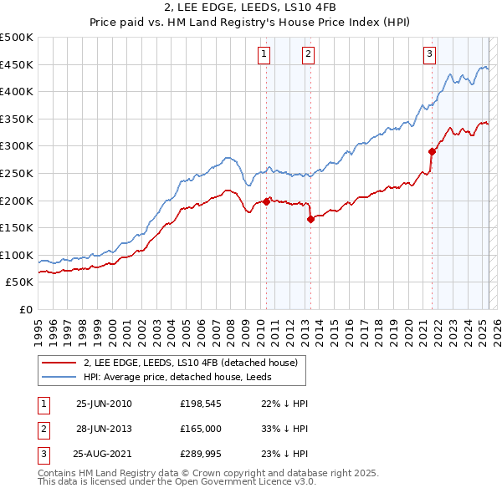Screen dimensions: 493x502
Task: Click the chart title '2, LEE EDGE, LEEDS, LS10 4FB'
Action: click(x=250, y=9)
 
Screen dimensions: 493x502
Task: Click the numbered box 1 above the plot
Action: click(x=264, y=54)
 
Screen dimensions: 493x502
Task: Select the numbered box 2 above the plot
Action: click(x=308, y=54)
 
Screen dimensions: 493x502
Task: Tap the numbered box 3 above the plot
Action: click(x=429, y=54)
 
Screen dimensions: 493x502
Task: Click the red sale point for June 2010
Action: click(x=267, y=201)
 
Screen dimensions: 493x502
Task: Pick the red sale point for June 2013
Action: click(x=310, y=220)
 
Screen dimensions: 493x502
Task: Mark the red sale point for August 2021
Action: click(x=433, y=151)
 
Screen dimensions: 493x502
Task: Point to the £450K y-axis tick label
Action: click(x=17, y=64)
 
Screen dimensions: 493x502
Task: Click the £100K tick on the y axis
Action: click(x=17, y=255)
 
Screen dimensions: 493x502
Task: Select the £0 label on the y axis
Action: click(x=26, y=310)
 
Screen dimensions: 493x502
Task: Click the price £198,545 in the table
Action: click(x=198, y=404)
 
